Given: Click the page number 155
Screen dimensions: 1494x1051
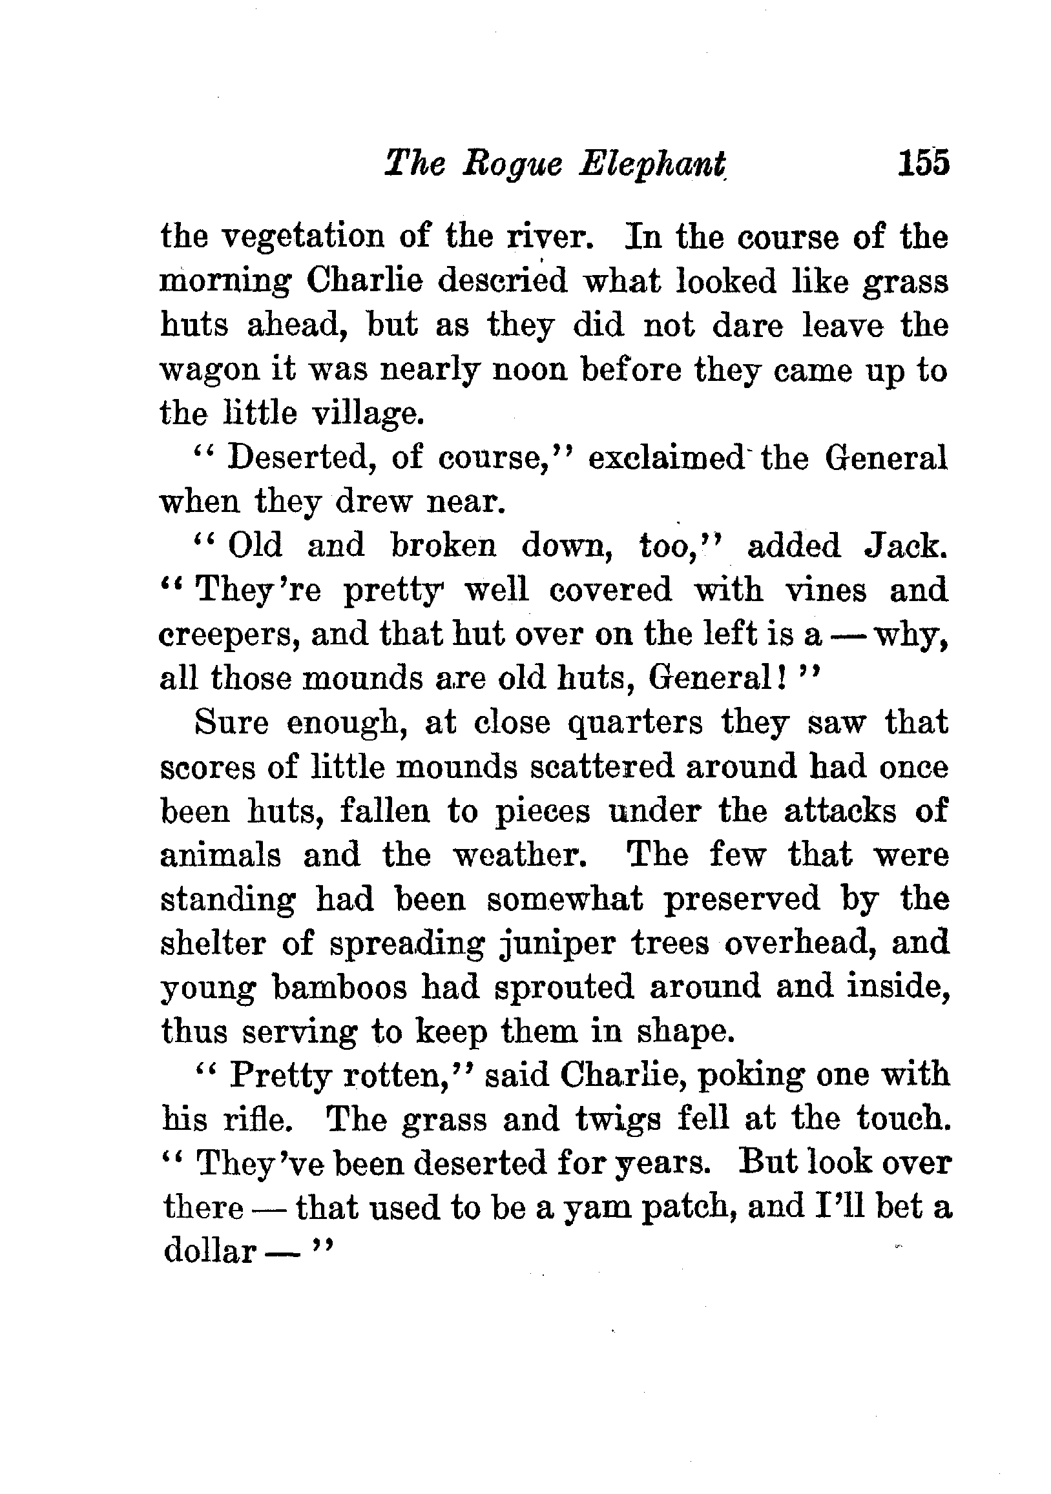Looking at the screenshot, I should pos(923,163).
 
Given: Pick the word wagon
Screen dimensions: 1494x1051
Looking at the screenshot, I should pos(208,371).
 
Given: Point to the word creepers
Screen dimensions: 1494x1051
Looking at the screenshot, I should pos(229,635).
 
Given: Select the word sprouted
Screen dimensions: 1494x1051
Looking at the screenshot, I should pos(564,987).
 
